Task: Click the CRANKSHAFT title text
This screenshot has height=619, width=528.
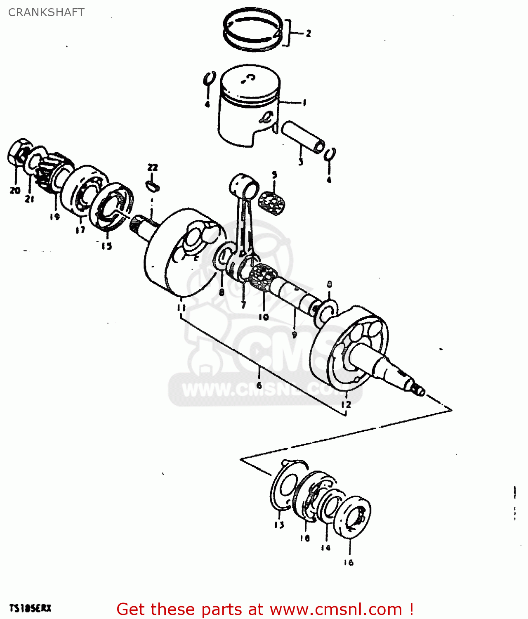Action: [x=46, y=12]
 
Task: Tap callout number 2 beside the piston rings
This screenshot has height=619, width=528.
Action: [x=308, y=33]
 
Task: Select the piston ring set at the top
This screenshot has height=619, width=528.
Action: [x=252, y=30]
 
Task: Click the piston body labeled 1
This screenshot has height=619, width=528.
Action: [x=247, y=105]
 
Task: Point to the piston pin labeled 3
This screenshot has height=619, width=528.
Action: [x=302, y=136]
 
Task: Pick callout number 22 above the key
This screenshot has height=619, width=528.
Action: [x=153, y=168]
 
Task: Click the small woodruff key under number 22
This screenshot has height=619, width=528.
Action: [x=152, y=185]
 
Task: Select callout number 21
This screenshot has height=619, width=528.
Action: [x=29, y=199]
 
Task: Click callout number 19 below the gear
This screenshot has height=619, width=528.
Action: [x=54, y=216]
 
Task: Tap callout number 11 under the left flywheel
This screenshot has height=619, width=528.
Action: [x=181, y=307]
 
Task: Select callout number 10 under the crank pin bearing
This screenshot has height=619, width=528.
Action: [x=264, y=317]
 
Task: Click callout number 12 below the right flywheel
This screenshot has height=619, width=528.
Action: [x=346, y=404]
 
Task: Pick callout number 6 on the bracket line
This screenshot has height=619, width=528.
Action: [x=259, y=385]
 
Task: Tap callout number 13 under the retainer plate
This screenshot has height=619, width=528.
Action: [x=279, y=525]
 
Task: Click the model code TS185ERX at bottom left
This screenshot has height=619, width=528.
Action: [x=30, y=608]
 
